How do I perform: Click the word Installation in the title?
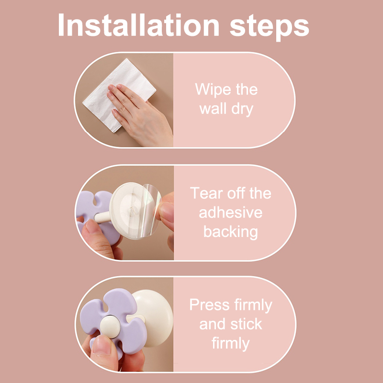tap(138, 25)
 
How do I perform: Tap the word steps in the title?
tap(270, 27)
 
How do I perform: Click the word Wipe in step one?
tap(213, 89)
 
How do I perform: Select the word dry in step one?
tap(242, 109)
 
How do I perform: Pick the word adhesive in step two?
tap(231, 212)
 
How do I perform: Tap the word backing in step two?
tap(231, 232)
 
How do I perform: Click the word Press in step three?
tap(209, 305)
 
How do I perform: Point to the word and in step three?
tap(212, 324)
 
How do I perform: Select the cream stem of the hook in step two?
tap(102, 217)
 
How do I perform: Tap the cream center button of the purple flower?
tap(110, 327)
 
